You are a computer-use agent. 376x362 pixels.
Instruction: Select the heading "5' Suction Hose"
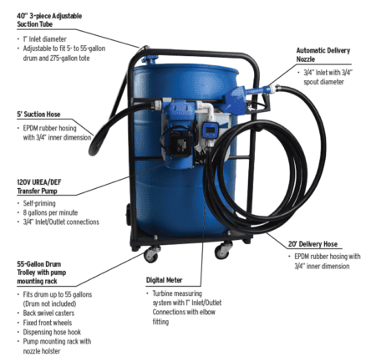pos(40,115)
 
